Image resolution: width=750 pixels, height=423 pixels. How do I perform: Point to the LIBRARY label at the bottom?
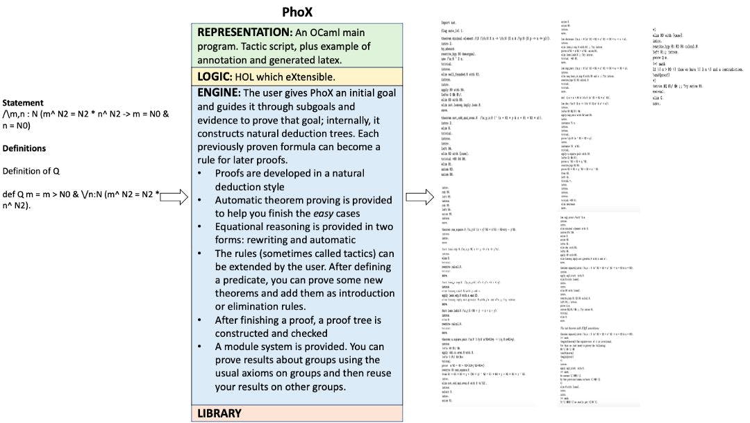219,413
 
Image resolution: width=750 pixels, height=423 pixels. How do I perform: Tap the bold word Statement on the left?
23,103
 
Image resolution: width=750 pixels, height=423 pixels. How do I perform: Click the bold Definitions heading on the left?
24,148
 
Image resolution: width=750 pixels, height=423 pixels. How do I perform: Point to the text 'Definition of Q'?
31,171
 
